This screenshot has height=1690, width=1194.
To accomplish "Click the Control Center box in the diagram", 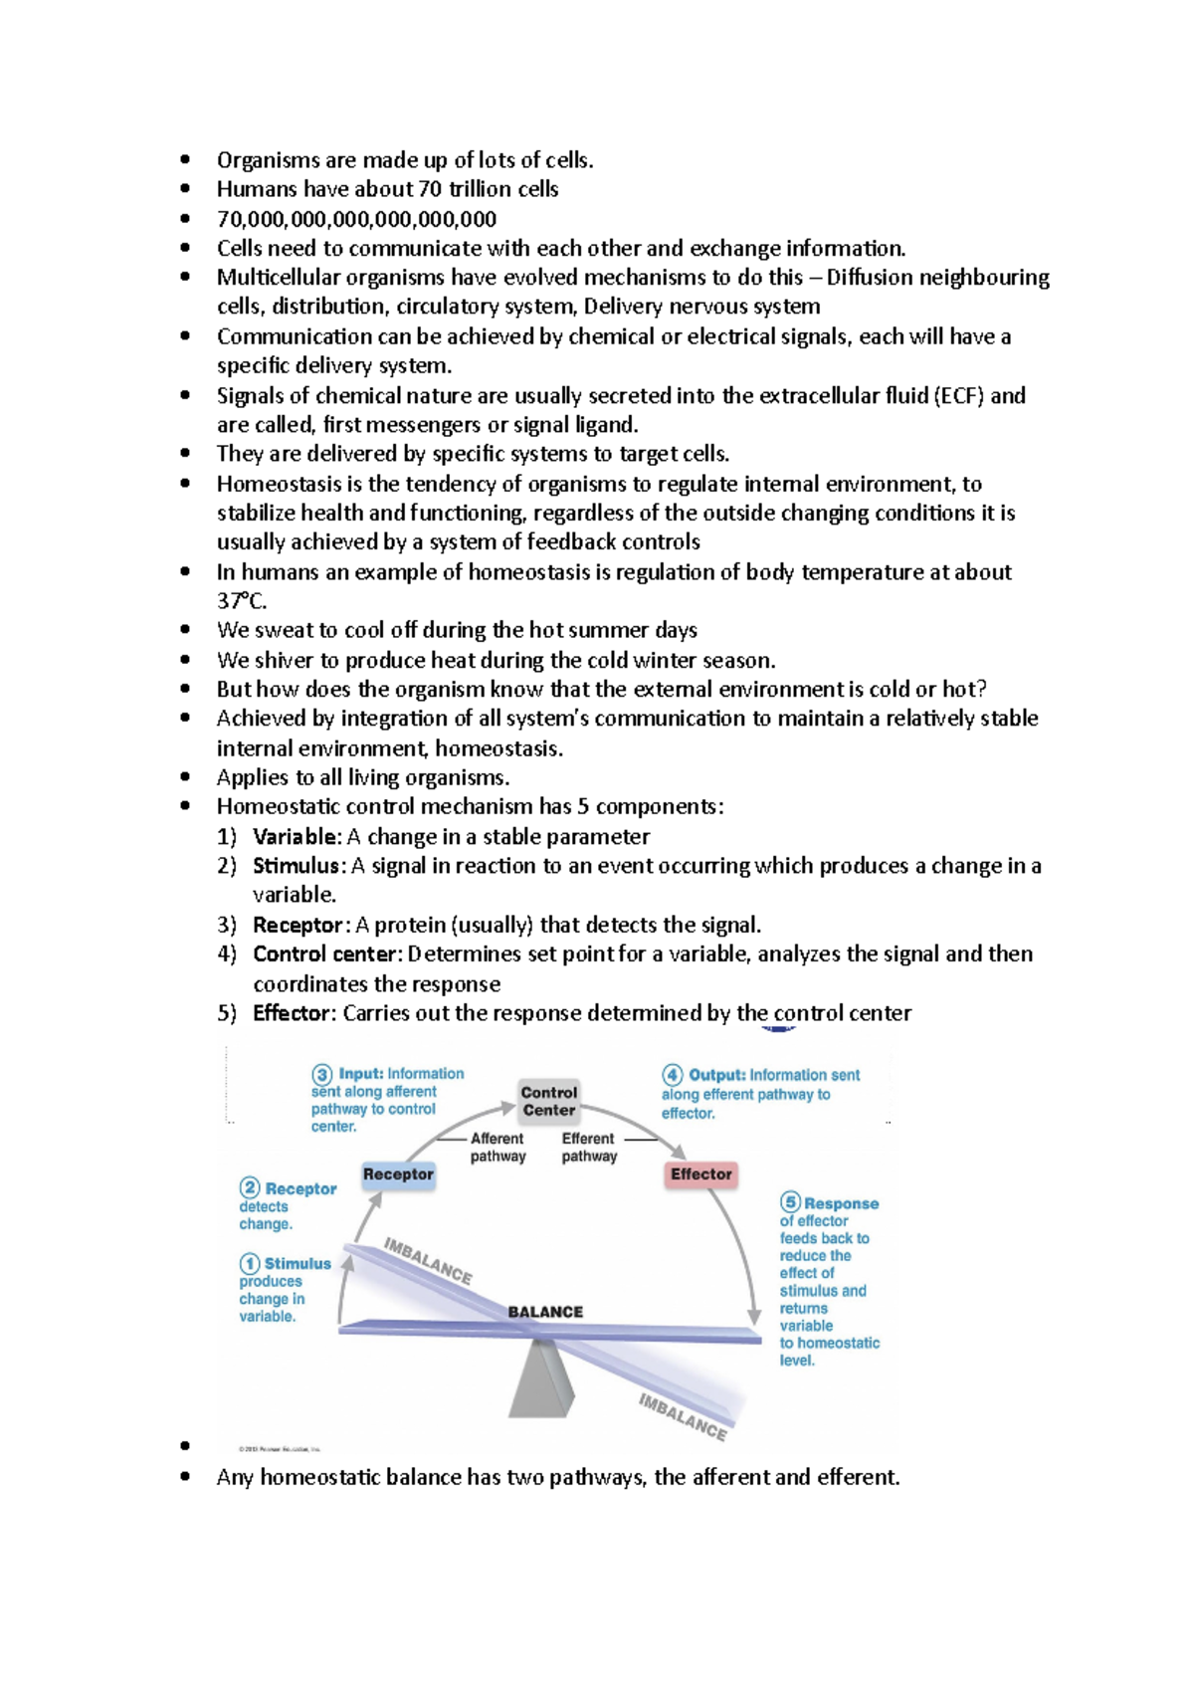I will pyautogui.click(x=548, y=1101).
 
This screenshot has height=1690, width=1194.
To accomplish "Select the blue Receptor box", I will pyautogui.click(x=398, y=1174).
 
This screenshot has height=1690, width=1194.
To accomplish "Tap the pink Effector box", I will pyautogui.click(x=700, y=1174).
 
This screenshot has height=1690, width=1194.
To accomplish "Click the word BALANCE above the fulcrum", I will pyautogui.click(x=545, y=1312).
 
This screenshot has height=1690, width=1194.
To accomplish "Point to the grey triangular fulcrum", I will pyautogui.click(x=542, y=1378).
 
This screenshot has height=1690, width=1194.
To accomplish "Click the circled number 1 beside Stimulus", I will pyautogui.click(x=249, y=1263).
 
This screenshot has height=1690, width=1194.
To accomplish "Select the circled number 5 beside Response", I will pyautogui.click(x=790, y=1202).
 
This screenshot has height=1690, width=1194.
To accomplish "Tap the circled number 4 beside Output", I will pyautogui.click(x=673, y=1075).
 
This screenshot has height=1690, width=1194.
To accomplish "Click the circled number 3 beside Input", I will pyautogui.click(x=322, y=1074).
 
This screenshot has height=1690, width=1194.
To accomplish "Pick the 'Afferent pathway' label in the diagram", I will pyautogui.click(x=497, y=1147).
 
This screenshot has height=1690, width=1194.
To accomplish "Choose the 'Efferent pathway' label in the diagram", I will pyautogui.click(x=589, y=1147).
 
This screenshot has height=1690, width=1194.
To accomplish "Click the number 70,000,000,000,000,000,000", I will pyautogui.click(x=356, y=219).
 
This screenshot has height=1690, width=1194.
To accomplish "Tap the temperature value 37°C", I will pyautogui.click(x=242, y=601).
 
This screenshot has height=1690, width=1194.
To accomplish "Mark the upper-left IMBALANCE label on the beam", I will pyautogui.click(x=428, y=1260).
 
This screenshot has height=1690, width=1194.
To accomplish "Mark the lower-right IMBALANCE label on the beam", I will pyautogui.click(x=683, y=1415).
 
